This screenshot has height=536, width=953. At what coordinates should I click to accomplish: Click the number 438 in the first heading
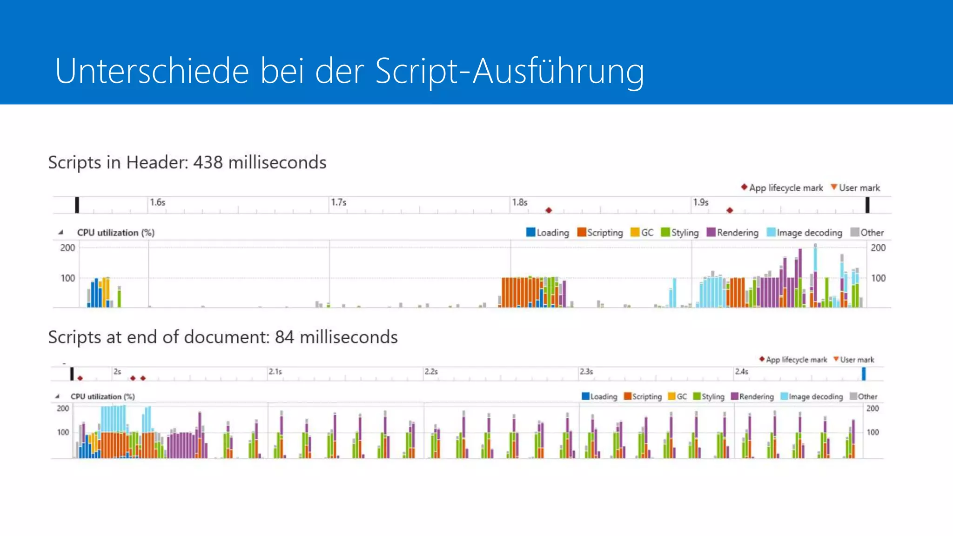pos(208,162)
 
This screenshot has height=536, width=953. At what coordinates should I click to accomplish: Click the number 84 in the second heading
pos(284,337)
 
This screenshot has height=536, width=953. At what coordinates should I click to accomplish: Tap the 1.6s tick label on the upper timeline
pos(157,202)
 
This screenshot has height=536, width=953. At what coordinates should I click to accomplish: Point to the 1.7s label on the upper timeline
pos(338,202)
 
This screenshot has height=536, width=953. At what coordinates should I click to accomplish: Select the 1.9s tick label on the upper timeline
pos(700,202)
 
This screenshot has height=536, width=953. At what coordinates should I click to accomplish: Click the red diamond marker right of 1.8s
pos(549,210)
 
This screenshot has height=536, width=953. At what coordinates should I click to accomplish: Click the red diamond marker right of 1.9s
pos(730,210)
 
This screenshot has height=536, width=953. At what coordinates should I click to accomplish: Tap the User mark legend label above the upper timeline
pos(859,188)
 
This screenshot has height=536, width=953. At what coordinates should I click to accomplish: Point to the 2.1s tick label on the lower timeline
pos(275,372)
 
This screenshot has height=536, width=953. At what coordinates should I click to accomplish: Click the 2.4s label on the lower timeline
pos(741,372)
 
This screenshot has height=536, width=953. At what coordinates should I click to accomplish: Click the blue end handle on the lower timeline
pos(864,374)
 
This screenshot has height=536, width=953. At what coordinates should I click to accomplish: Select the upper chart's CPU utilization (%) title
pos(115,233)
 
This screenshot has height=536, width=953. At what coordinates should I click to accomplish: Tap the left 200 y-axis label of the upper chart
pos(67,248)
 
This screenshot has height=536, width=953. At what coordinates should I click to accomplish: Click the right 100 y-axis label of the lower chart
pos(872,432)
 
